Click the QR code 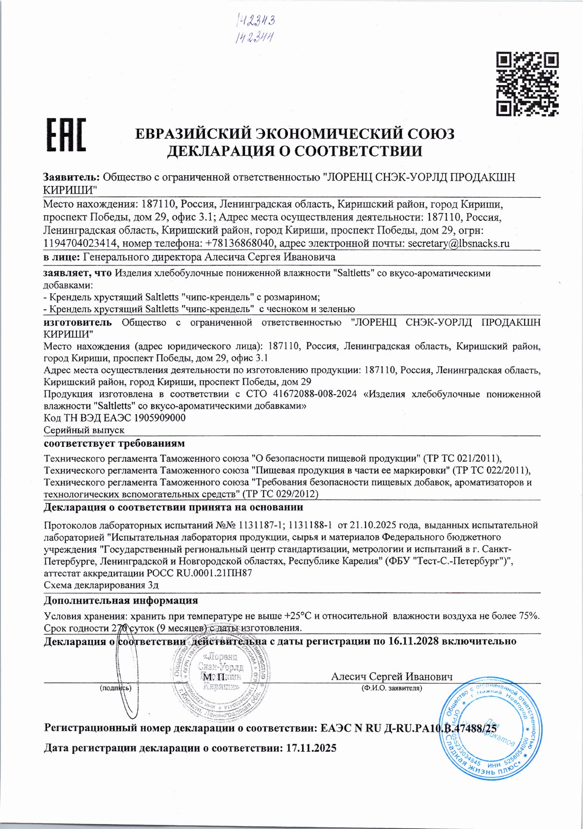(x=528, y=84)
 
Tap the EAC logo (x=66, y=135)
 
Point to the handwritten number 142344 (x=254, y=37)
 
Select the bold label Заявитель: (x=71, y=177)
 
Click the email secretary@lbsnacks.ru (x=459, y=243)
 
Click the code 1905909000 (x=160, y=418)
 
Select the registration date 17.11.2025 (x=311, y=748)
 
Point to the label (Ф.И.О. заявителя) (x=391, y=688)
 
